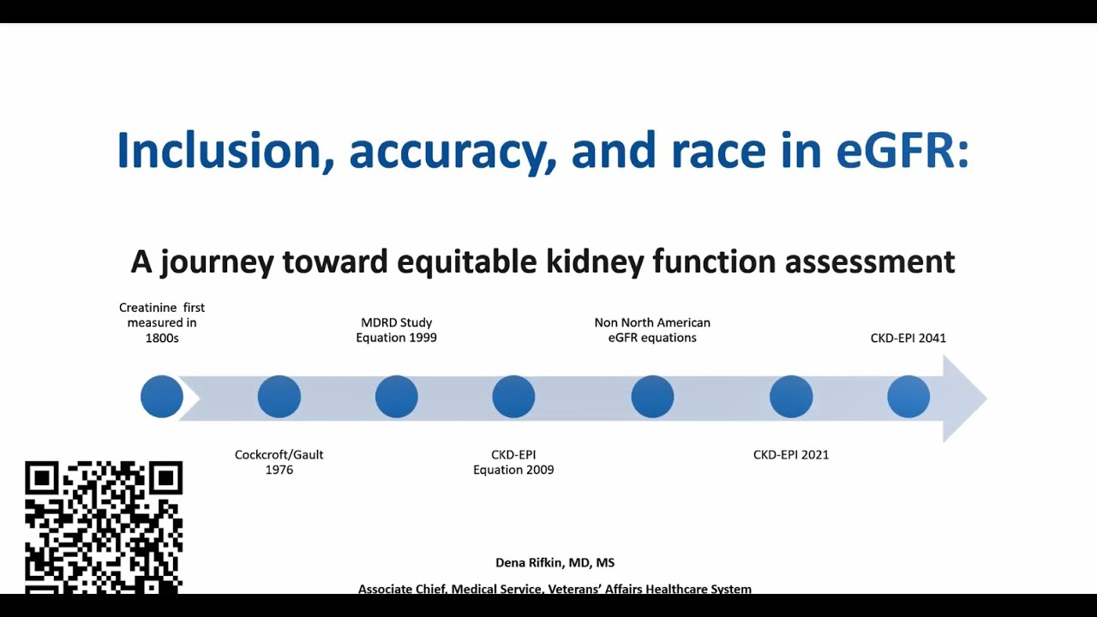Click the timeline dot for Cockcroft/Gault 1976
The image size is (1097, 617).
tap(279, 397)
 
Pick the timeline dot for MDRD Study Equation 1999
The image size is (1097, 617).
tap(397, 397)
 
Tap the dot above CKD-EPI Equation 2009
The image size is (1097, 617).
tap(513, 397)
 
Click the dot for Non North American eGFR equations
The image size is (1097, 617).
tap(652, 397)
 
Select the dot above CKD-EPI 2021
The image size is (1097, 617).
tap(791, 397)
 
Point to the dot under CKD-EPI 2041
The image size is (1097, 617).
tap(908, 397)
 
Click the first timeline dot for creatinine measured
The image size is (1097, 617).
tap(162, 397)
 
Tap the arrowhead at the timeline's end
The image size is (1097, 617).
tap(964, 398)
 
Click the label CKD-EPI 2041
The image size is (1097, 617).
tap(908, 338)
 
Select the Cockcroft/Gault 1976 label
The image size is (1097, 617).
tap(279, 462)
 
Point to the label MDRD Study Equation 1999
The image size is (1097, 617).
tap(397, 330)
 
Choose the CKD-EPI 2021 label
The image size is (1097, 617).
tap(791, 454)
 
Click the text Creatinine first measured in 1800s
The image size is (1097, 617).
tap(162, 322)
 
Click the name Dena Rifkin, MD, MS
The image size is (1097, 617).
tap(554, 563)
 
